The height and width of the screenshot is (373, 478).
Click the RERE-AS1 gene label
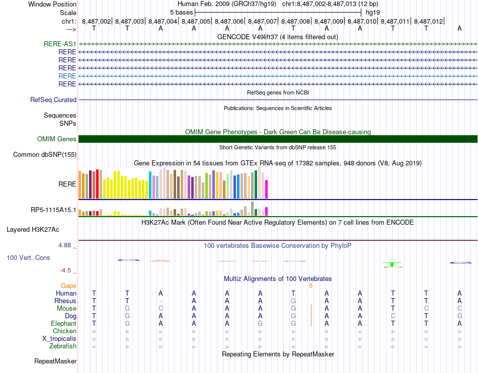coord(60,44)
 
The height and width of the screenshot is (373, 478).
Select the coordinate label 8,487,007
coord(263,21)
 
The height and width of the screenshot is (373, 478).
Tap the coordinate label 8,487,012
coord(429,21)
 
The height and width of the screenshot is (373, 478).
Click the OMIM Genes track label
coord(57,139)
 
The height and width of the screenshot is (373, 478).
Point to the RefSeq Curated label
coord(53,100)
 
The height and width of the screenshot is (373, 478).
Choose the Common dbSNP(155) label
coord(45,155)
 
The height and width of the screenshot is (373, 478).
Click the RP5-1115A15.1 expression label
coord(54,210)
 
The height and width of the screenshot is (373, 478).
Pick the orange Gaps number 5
coord(311,286)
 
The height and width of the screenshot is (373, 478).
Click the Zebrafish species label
coord(63,346)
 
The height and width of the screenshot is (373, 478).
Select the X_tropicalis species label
coord(59,339)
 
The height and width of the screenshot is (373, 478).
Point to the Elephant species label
coord(63,324)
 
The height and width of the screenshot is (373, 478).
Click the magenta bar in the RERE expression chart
coord(267,189)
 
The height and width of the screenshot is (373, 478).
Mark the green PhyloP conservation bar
coord(391,264)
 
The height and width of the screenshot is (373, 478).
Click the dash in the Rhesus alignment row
coord(161,301)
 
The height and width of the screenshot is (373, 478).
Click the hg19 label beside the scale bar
coord(373,12)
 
